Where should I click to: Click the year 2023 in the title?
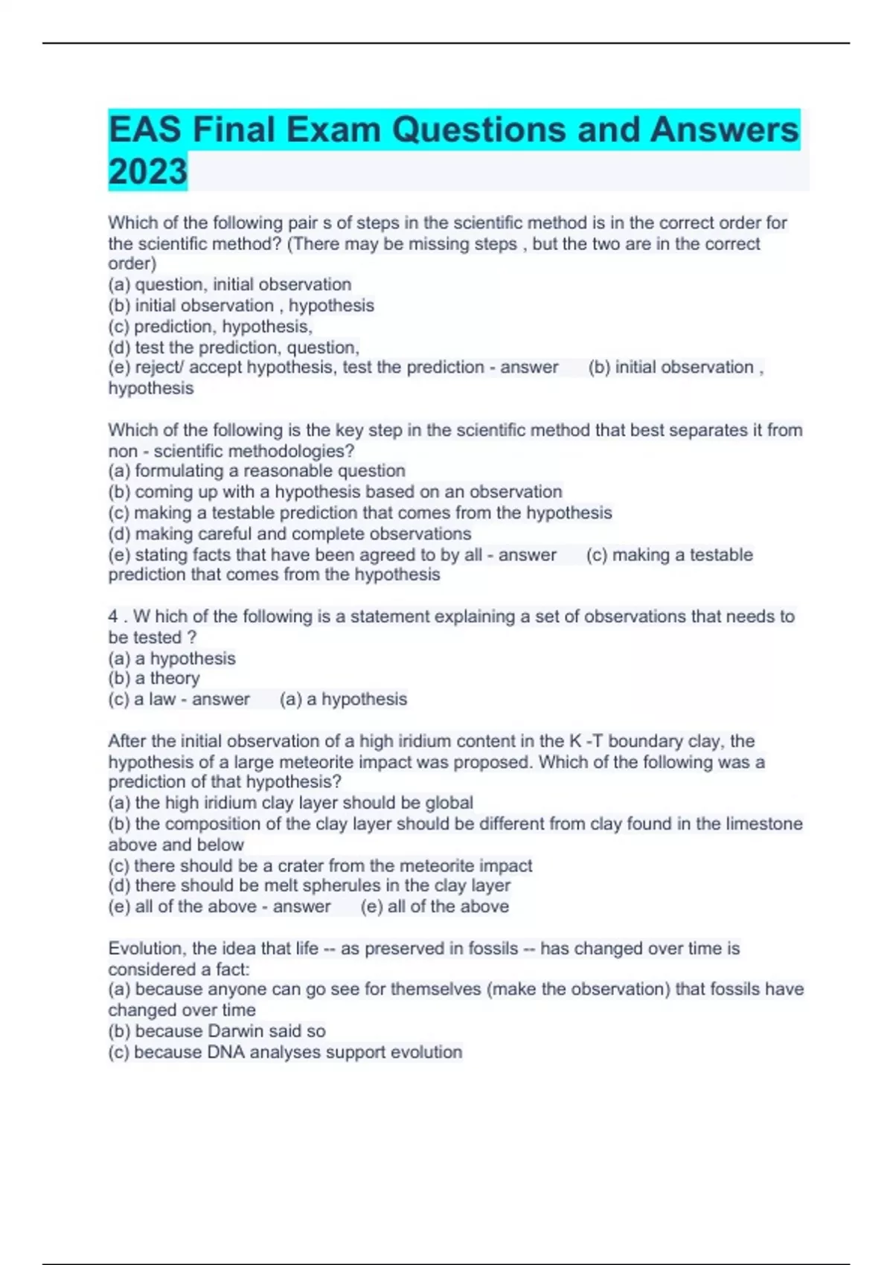(x=147, y=171)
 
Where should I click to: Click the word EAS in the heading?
(x=144, y=129)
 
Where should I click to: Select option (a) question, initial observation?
(x=229, y=284)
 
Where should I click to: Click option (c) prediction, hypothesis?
(x=210, y=326)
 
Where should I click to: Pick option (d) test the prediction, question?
(x=234, y=347)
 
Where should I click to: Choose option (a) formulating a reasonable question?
(x=257, y=470)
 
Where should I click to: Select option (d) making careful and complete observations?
(x=289, y=534)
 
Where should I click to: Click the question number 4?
(x=113, y=616)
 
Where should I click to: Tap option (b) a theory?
(x=154, y=678)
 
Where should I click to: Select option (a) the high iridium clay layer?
(x=290, y=803)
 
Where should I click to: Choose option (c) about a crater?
(x=320, y=865)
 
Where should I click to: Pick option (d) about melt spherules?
(x=309, y=885)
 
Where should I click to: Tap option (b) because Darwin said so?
(x=217, y=1031)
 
